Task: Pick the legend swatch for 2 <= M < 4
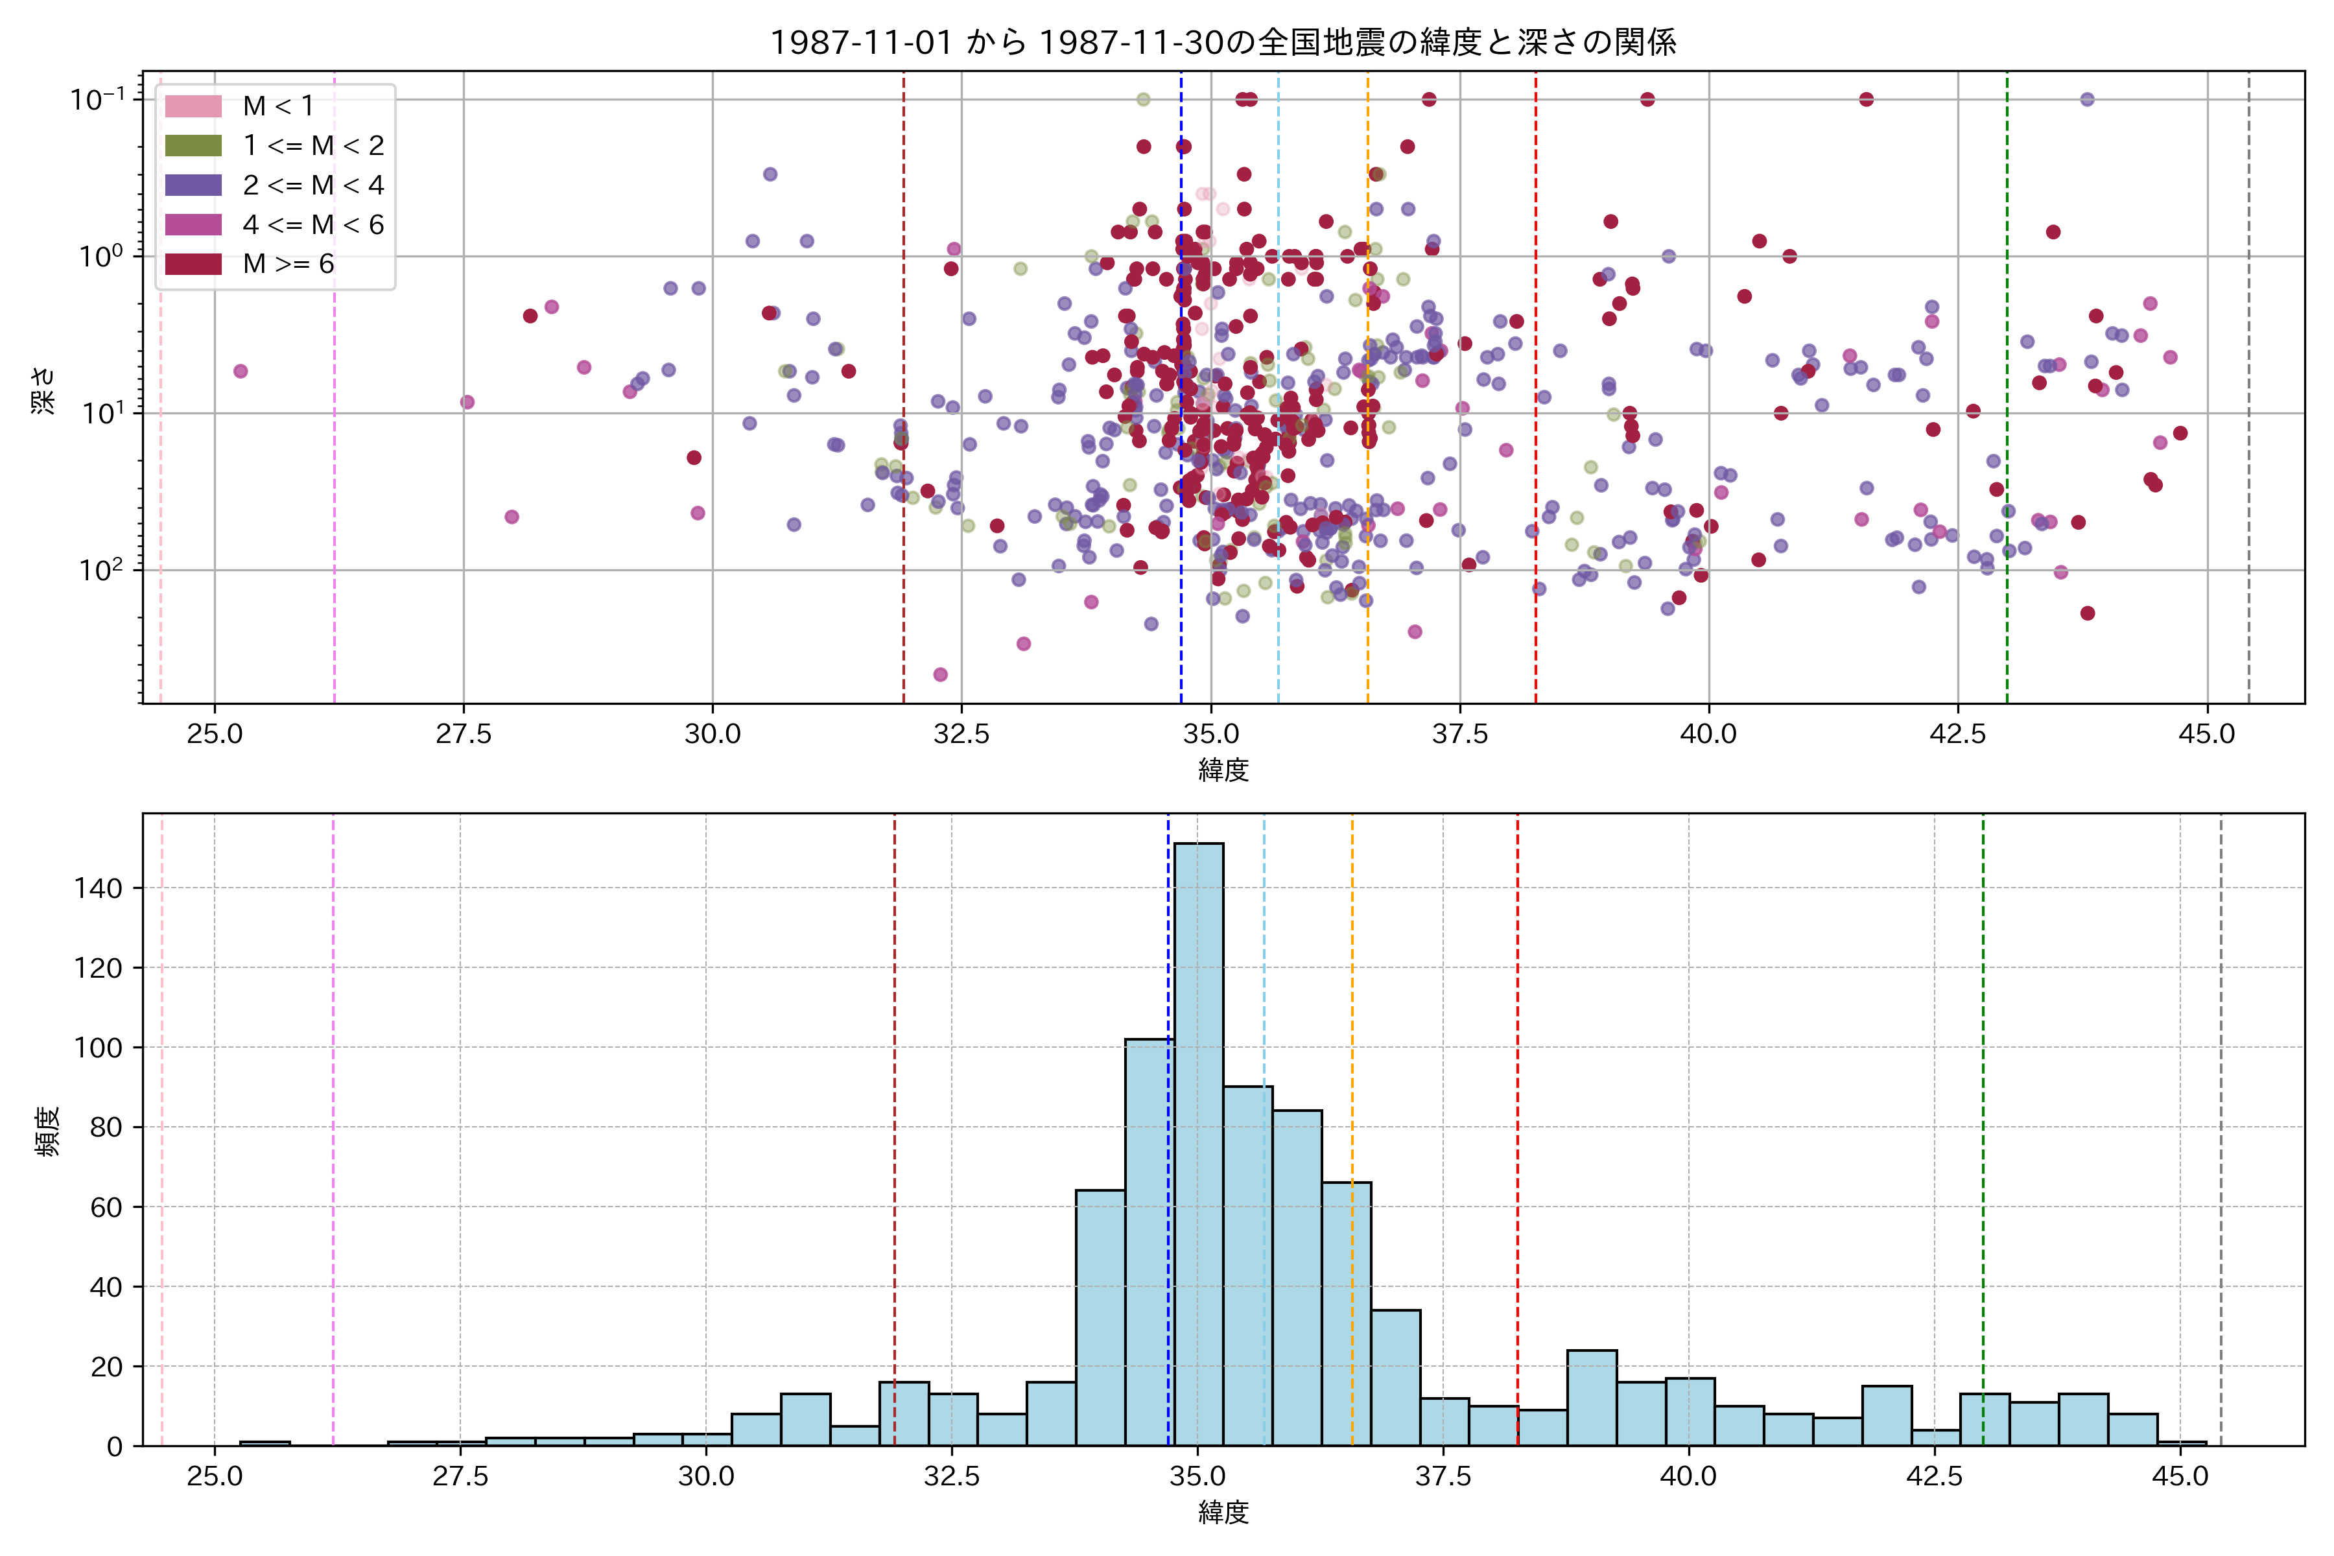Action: (193, 185)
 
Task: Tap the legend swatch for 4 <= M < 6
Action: (193, 225)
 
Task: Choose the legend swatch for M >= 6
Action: (193, 264)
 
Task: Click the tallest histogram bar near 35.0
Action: (1199, 1141)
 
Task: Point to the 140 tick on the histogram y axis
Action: (99, 888)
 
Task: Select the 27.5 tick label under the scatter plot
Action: (464, 735)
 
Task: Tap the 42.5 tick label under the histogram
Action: (1934, 1477)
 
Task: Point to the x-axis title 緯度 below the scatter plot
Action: (1223, 770)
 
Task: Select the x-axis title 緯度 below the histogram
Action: (1223, 1513)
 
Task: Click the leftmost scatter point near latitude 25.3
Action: (240, 371)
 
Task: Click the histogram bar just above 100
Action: (1149, 1240)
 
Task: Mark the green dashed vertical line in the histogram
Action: (1983, 1092)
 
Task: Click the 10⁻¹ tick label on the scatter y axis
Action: (97, 99)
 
